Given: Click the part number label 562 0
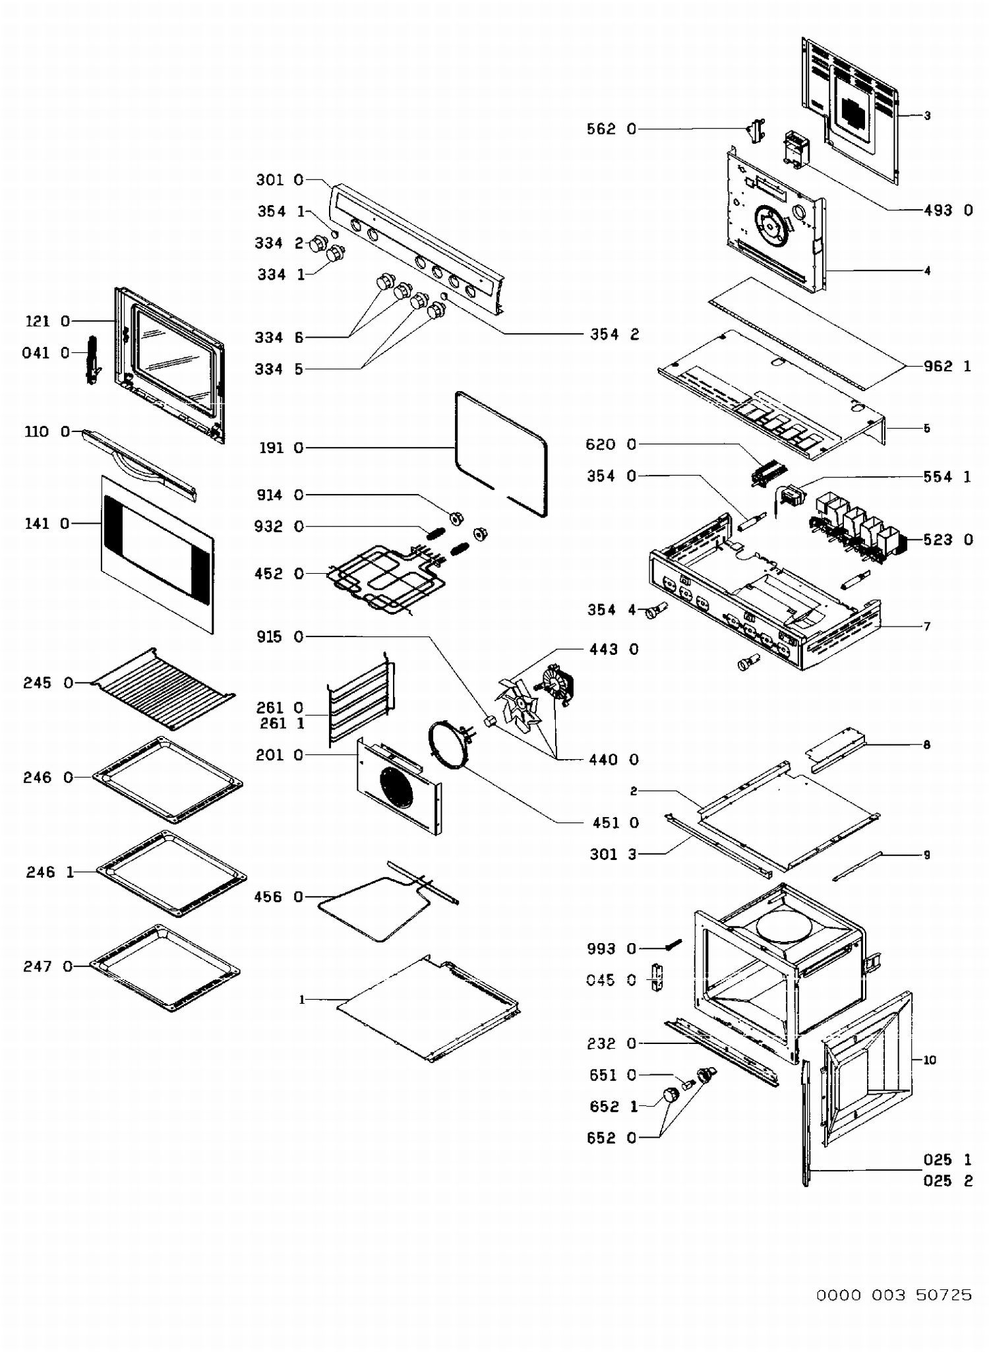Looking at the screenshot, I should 611,129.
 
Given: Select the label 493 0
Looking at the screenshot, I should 948,210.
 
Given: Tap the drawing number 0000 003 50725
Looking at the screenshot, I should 894,1295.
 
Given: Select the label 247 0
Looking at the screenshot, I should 47,967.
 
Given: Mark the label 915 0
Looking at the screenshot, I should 280,637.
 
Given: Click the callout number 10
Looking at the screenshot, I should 930,1060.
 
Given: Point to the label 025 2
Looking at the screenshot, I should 947,1181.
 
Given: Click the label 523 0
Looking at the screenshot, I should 948,540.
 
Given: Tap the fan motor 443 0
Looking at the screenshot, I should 558,683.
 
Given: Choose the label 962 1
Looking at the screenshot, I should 947,367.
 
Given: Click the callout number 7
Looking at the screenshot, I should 927,627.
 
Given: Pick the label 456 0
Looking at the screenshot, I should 278,897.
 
